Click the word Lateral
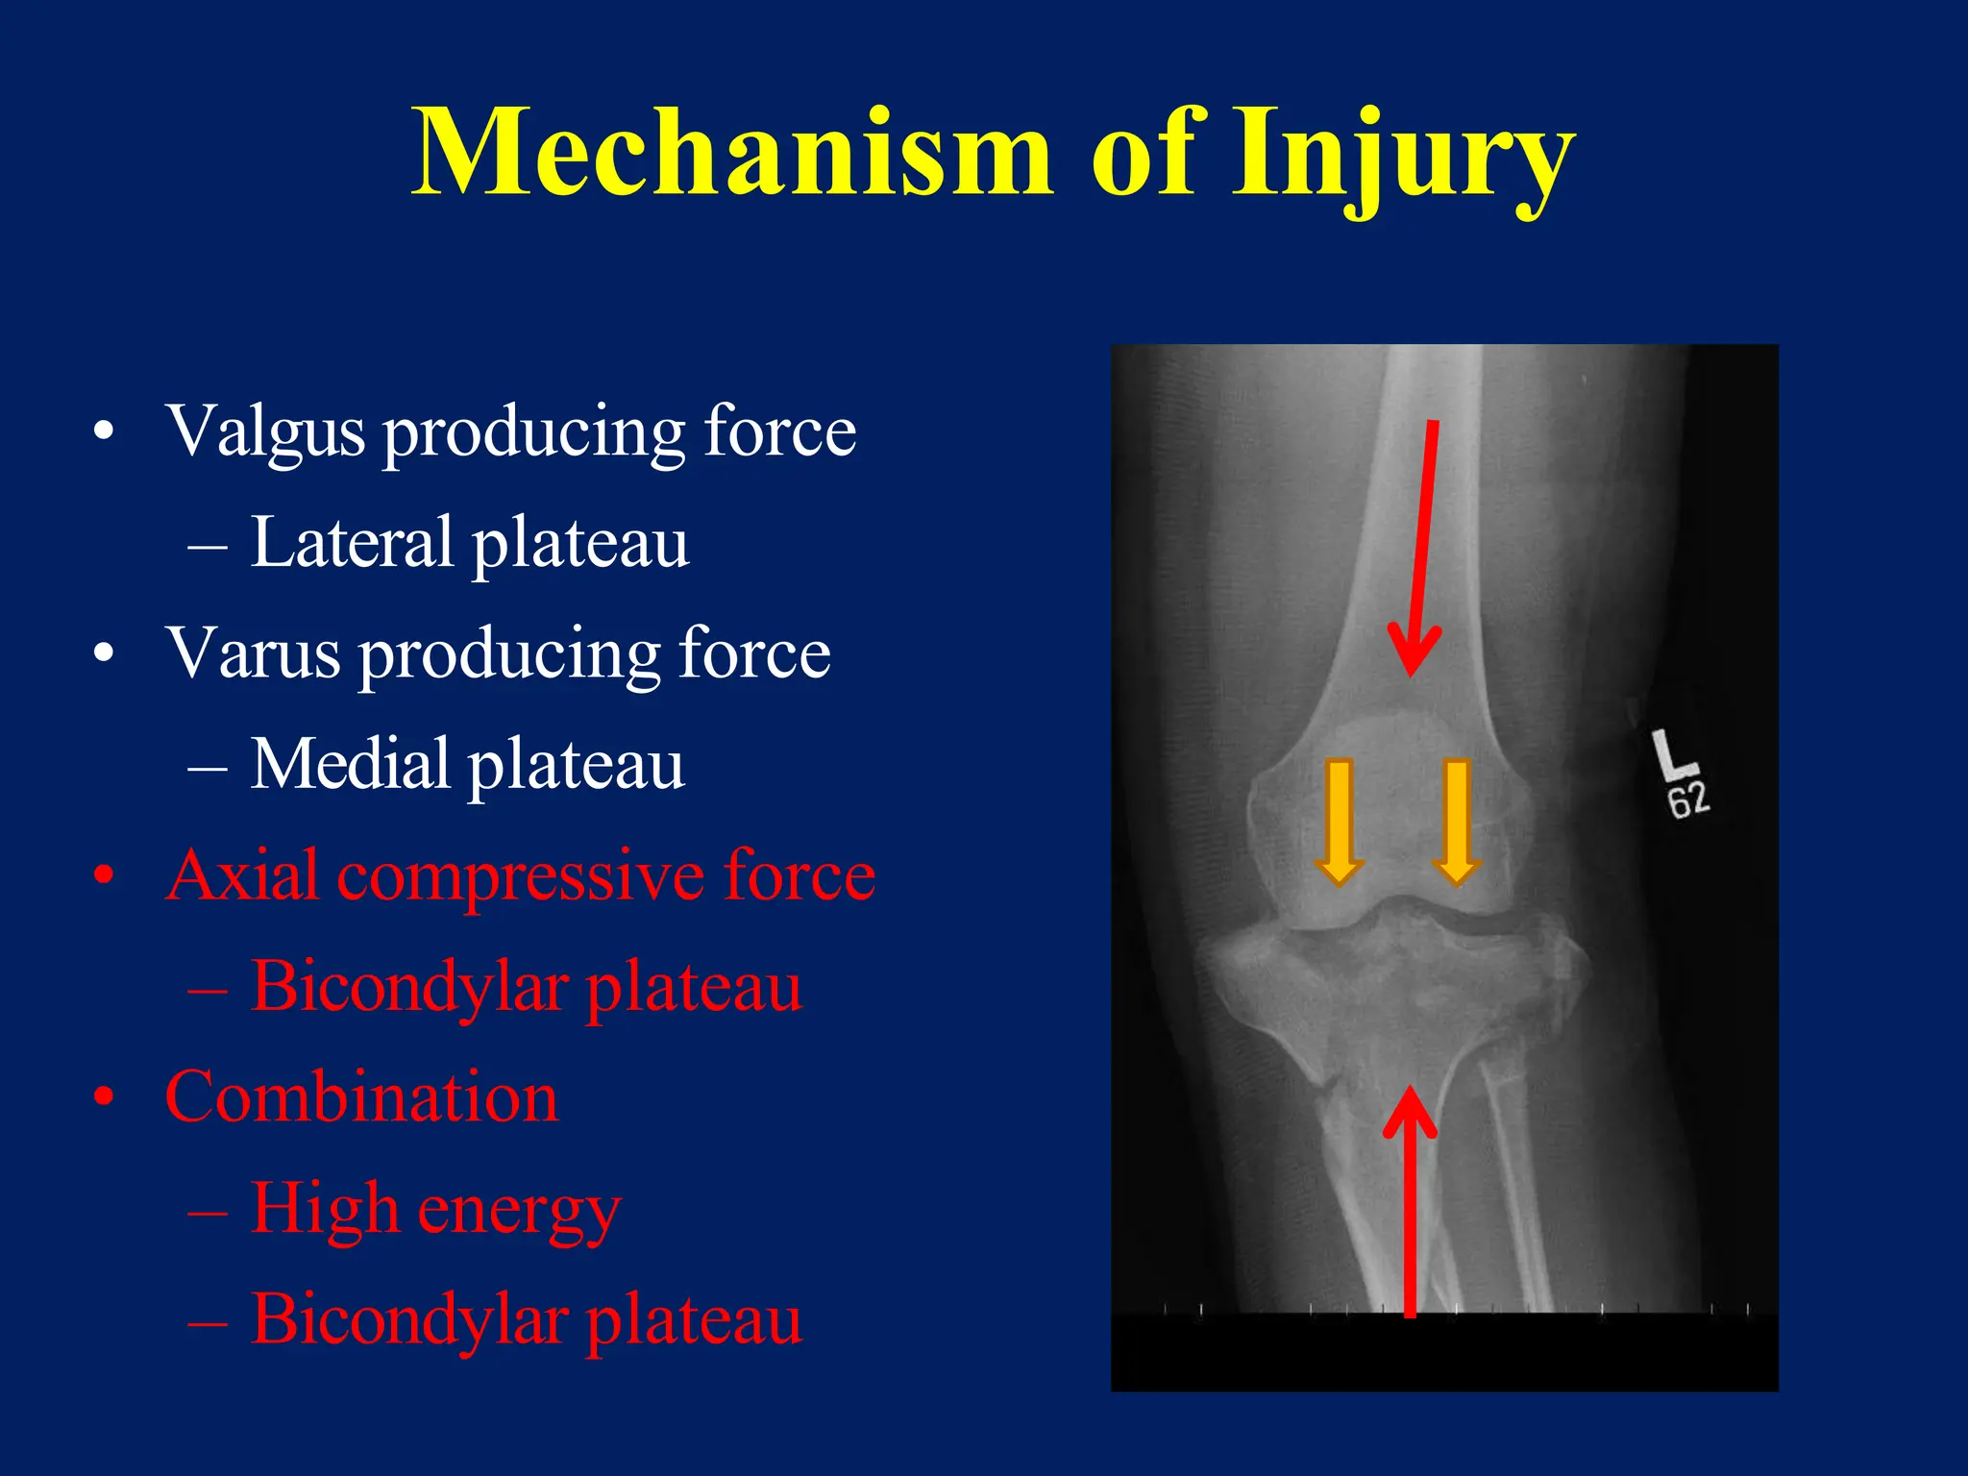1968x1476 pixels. (x=351, y=543)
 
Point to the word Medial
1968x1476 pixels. (x=350, y=765)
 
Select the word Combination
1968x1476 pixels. (x=361, y=1097)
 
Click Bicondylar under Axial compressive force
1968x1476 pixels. (x=408, y=988)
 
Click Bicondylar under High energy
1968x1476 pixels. (x=408, y=1320)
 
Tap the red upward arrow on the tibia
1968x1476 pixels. (x=1410, y=1201)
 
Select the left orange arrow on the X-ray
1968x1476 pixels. (x=1339, y=823)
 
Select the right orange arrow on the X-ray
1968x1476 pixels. (x=1457, y=823)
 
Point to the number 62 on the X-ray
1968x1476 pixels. (x=1688, y=800)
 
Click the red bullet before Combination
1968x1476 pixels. (x=105, y=1097)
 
